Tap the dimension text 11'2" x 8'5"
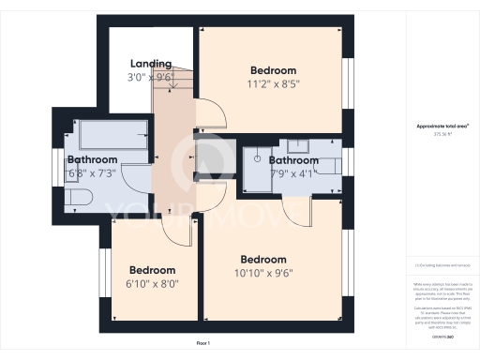[x=274, y=83]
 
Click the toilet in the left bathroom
[x=78, y=196]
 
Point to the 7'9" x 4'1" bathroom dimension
[x=292, y=172]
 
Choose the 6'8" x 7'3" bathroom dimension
[x=91, y=172]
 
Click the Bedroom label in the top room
[x=274, y=70]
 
